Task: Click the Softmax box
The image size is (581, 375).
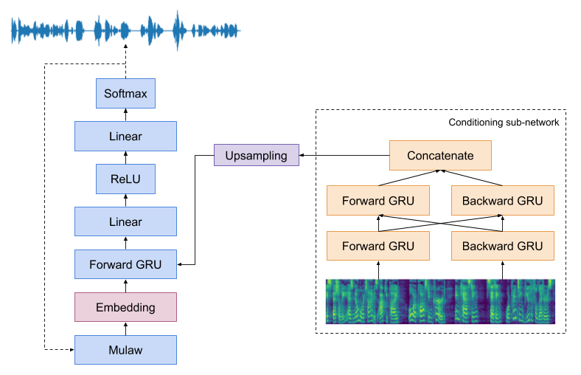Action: tap(125, 94)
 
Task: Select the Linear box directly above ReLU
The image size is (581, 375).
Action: tap(125, 137)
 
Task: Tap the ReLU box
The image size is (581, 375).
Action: tap(125, 179)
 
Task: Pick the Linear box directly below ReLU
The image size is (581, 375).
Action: tap(125, 221)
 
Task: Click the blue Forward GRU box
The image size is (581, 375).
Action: tap(125, 264)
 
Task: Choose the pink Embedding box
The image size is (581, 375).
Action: tap(125, 307)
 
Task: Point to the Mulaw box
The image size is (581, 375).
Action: tap(125, 350)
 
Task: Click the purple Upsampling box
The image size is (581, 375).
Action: tap(256, 156)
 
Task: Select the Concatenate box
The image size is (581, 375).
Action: tap(440, 156)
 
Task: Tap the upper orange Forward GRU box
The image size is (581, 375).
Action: tap(378, 201)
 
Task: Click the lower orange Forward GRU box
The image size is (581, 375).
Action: tap(378, 246)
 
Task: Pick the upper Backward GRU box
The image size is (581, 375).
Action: tap(502, 201)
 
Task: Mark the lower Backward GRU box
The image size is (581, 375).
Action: tap(502, 246)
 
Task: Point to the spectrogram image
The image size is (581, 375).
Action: tap(440, 301)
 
